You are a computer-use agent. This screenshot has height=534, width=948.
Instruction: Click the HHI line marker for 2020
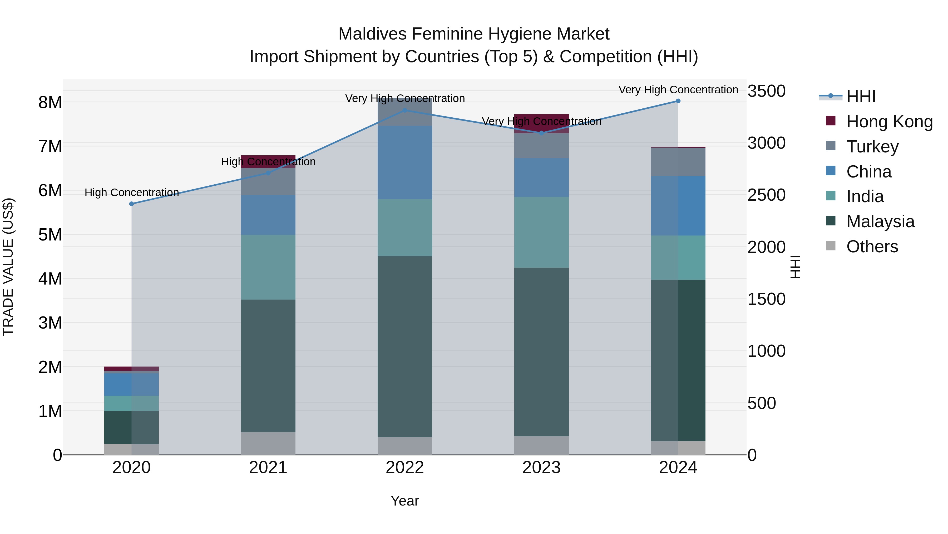click(131, 204)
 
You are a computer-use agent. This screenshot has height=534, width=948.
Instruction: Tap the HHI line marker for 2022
click(404, 110)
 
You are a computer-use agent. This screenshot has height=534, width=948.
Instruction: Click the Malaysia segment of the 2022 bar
click(404, 347)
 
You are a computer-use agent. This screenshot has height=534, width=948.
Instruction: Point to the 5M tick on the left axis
click(50, 235)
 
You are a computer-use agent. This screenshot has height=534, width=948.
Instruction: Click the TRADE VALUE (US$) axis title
click(8, 267)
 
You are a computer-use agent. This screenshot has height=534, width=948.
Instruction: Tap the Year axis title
click(404, 501)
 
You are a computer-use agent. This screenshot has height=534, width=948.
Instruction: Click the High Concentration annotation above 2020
click(131, 193)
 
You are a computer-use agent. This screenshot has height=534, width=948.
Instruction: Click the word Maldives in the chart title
click(372, 34)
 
